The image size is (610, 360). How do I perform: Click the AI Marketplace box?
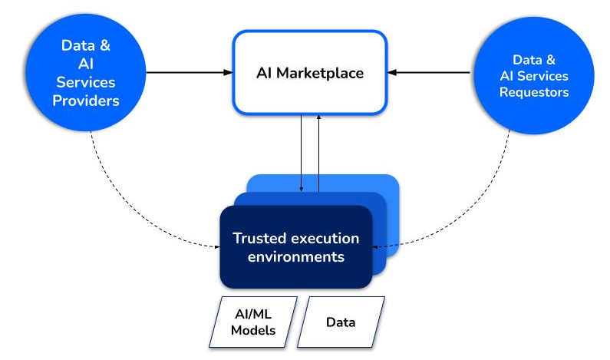pos(309,73)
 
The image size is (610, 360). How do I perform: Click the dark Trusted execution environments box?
pos(296,246)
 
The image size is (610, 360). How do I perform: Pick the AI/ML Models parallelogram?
pos(254,322)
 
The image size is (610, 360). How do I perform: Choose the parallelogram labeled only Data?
pos(341,322)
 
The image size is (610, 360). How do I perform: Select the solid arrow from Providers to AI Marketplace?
pos(188,73)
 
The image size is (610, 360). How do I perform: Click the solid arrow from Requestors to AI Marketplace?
pos(430,73)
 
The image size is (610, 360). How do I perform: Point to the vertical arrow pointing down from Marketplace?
pos(302,154)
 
